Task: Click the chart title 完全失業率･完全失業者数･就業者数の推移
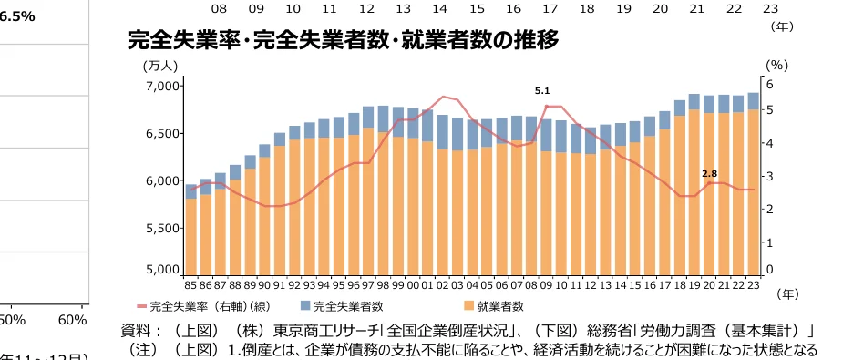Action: coord(343,40)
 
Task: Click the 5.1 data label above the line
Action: coord(542,90)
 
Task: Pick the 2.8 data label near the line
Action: coord(710,173)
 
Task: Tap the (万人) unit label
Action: coord(160,65)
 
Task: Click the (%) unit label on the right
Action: coord(776,65)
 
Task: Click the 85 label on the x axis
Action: coord(191,284)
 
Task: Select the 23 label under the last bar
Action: coord(754,284)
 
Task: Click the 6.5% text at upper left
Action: coord(18,16)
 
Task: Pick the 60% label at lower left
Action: coord(72,320)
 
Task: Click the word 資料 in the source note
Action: coord(136,330)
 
